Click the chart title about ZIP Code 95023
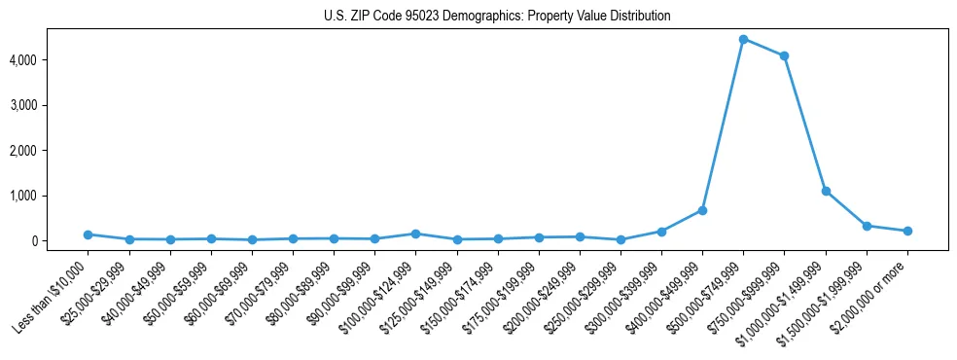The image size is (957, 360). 497,17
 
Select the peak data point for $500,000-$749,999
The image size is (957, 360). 743,40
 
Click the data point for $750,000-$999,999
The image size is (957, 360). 784,55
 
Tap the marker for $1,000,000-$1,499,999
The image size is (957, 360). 826,191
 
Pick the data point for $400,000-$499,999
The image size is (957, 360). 702,210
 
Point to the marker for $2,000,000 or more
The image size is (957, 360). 907,231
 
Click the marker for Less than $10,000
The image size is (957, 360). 88,234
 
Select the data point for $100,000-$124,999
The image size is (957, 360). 415,234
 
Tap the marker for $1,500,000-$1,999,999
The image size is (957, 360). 867,226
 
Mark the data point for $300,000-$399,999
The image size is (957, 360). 661,232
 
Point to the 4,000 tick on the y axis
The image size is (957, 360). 49,60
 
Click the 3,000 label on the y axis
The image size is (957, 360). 49,105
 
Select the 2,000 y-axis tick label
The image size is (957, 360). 49,151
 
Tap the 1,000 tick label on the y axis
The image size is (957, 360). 49,196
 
